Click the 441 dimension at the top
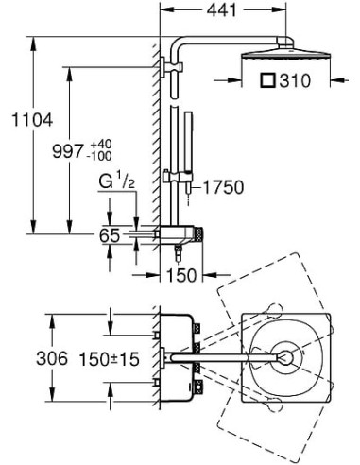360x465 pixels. point(221,10)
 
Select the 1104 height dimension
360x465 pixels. point(32,120)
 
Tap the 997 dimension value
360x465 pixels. point(68,151)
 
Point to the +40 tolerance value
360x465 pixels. point(101,145)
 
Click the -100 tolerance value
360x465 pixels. point(100,156)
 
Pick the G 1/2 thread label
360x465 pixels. point(117,181)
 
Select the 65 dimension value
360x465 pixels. point(110,235)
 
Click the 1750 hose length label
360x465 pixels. point(223,187)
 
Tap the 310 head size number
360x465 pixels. point(295,81)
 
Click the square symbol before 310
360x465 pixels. point(268,80)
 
